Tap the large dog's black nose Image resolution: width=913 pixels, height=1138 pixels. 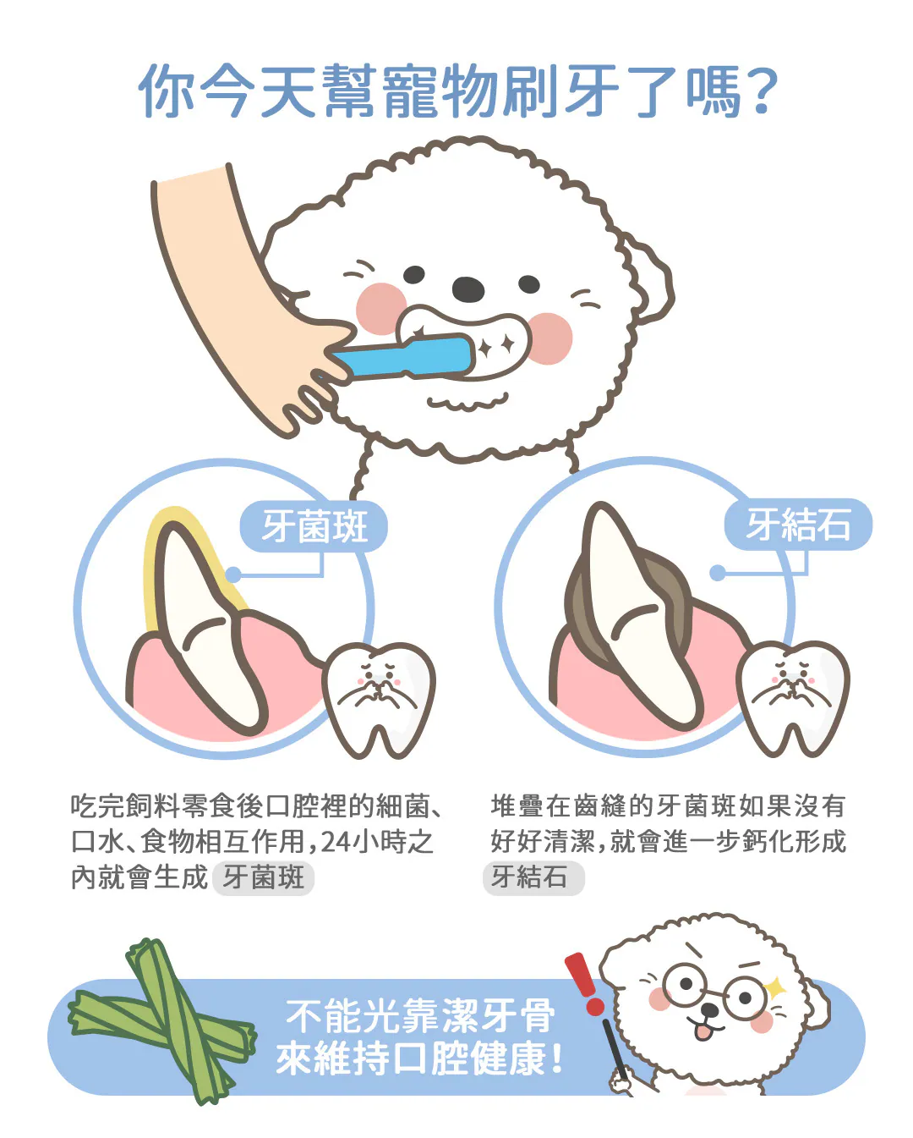[468, 289]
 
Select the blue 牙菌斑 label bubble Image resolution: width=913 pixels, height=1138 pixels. [314, 526]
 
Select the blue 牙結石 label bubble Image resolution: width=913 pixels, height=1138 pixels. [798, 524]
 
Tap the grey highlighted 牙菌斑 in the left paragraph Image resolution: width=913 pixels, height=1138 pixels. [263, 878]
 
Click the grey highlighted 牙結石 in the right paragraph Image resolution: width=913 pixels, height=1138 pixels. [533, 878]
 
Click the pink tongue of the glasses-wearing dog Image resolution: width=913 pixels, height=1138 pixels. [703, 1031]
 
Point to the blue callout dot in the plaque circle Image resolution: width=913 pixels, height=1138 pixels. [233, 574]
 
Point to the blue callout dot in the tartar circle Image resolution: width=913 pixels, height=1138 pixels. [717, 573]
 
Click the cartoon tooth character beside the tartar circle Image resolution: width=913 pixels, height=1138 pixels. [793, 698]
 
